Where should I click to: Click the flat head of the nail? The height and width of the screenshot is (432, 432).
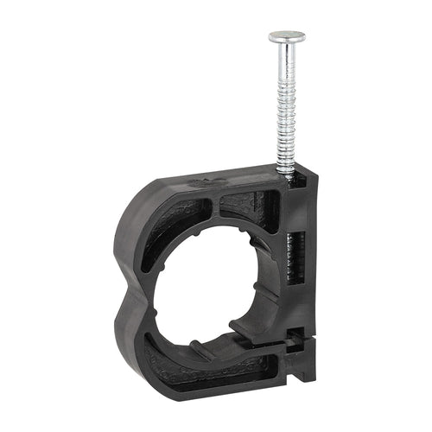[x=286, y=37]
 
